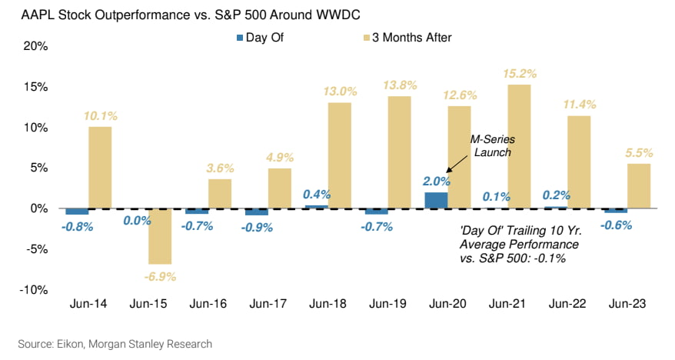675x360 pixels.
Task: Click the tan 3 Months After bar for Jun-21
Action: click(520, 146)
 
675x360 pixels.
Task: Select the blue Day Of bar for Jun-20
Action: click(435, 200)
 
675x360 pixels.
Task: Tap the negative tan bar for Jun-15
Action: click(160, 235)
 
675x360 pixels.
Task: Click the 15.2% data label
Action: click(520, 74)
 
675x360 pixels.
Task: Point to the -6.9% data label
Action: click(160, 275)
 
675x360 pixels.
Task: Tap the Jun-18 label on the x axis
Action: click(328, 304)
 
